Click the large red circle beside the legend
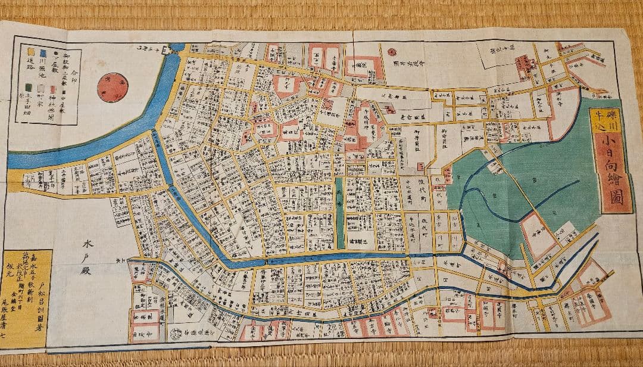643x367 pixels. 113,88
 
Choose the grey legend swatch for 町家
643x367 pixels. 40,88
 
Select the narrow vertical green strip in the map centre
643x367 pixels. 339,212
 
